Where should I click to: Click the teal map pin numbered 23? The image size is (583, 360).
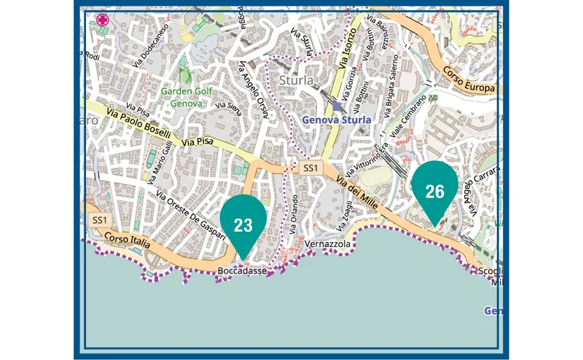pos(243,224)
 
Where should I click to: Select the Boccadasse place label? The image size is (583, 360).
pos(241,271)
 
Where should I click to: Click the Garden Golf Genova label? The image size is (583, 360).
pos(187,98)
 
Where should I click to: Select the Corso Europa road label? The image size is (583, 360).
pos(468,79)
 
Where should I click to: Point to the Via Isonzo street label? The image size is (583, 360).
pos(349,48)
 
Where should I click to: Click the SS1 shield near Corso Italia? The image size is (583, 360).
pos(100,219)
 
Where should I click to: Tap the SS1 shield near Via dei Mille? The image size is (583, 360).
pos(310,168)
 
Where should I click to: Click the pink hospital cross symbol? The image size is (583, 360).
pos(101,20)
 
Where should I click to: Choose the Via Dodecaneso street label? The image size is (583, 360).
pos(152,46)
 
